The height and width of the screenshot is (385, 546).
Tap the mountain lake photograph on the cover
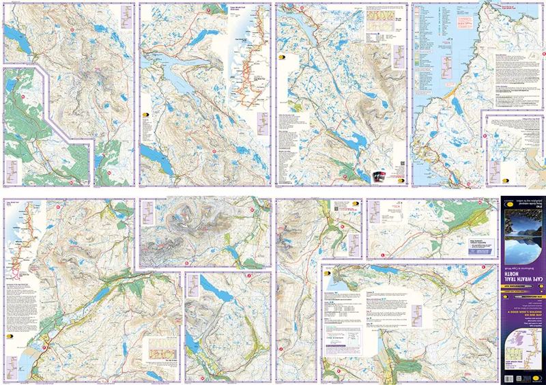pos(522,232)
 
